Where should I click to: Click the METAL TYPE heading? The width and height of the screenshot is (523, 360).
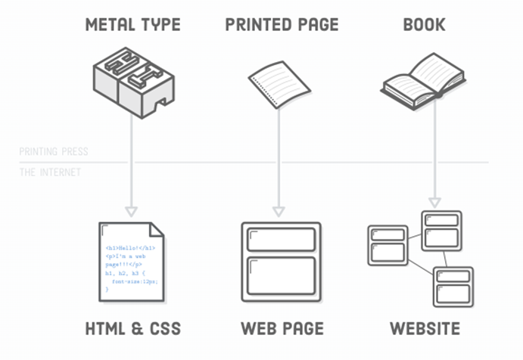tap(132, 25)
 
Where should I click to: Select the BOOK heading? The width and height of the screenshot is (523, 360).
tap(424, 25)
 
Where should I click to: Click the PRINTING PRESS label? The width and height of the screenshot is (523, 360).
tap(54, 152)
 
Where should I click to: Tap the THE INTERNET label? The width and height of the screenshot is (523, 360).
tap(50, 172)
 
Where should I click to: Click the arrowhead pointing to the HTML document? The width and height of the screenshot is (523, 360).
tap(132, 209)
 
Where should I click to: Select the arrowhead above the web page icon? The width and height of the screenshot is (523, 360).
tap(279, 209)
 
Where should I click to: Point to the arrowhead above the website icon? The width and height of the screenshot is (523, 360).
tap(434, 202)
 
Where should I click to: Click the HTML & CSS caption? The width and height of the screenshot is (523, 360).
tap(133, 329)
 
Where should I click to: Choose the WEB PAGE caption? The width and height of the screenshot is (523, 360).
tap(282, 329)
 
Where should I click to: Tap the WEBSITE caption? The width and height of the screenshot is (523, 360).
tap(425, 329)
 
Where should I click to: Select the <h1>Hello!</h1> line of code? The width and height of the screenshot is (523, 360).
tap(130, 248)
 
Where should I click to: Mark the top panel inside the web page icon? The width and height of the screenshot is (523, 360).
tap(282, 240)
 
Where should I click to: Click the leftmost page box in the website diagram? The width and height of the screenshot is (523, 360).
tap(388, 244)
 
